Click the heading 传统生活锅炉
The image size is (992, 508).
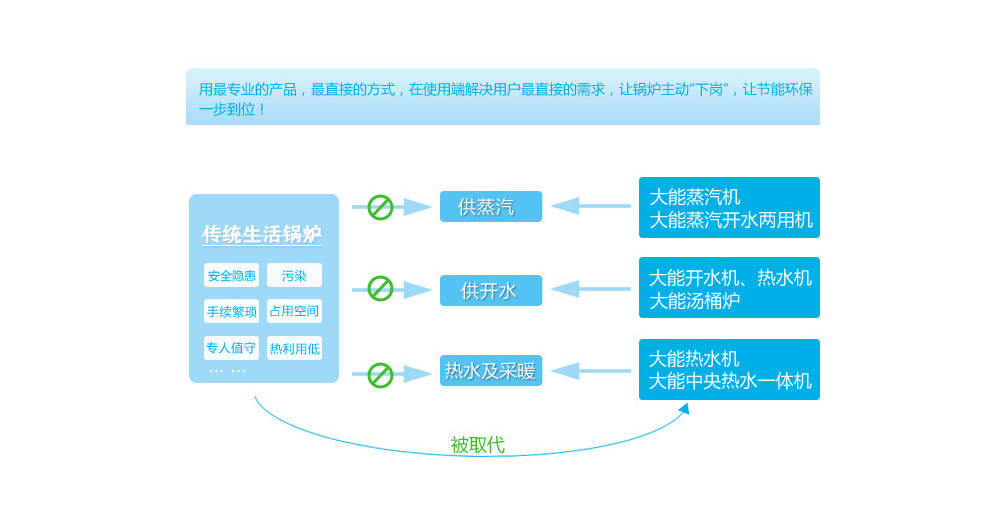coord(262,234)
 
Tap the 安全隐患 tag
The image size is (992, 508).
coord(231,275)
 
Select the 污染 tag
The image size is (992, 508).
coord(294,275)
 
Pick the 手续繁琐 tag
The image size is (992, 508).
coord(231,311)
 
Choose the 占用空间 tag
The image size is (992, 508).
coord(294,311)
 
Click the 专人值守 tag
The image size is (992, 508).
coord(231,348)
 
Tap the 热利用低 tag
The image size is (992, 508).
coord(294,348)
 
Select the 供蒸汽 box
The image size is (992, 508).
coord(490,207)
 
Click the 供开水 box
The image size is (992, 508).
coord(490,290)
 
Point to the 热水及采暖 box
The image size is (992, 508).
coord(490,371)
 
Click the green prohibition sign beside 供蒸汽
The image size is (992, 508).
coord(380,207)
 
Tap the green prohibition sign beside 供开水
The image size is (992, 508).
coord(380,289)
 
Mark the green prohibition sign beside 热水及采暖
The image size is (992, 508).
coord(380,375)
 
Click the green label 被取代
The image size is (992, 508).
coord(477,445)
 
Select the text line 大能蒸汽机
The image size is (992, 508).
coord(695,197)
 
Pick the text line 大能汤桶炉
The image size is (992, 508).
coord(695,300)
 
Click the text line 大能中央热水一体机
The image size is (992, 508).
coord(730,381)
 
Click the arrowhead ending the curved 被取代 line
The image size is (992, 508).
coord(684,408)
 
